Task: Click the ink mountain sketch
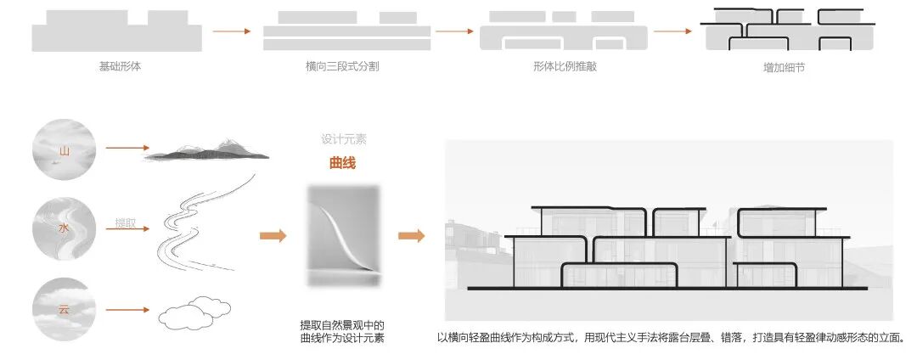pos(206,153)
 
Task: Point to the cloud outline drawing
pos(195,314)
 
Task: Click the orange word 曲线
pos(342,164)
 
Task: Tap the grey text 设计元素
pos(344,139)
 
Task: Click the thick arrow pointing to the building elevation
pos(412,235)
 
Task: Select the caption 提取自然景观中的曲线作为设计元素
pos(342,331)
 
